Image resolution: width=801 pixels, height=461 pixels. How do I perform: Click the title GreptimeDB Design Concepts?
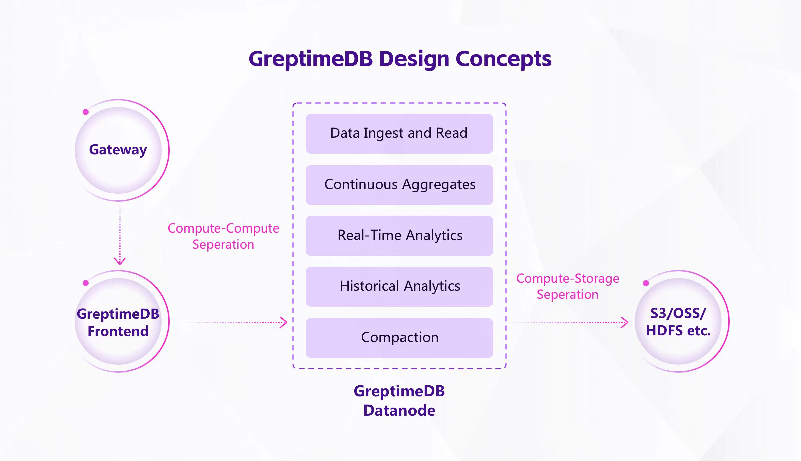point(400,59)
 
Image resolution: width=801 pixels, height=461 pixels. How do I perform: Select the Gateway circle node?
point(118,150)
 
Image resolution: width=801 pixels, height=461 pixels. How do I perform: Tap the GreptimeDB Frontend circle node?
point(118,322)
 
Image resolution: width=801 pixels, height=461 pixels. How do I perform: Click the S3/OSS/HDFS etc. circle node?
point(678,322)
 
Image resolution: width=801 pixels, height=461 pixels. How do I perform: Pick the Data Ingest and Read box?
point(399,134)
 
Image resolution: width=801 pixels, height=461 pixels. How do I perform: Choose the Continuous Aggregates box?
point(399,185)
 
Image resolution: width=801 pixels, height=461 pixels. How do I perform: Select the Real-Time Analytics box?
point(399,236)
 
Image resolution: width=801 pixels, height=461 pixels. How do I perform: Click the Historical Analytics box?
point(399,286)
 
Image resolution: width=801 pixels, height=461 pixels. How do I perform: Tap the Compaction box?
point(399,338)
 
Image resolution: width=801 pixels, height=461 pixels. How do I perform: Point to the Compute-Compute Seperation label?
point(223,236)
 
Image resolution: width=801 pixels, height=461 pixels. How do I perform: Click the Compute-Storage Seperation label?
point(568,286)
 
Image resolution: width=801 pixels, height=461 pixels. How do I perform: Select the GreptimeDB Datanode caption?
point(399,401)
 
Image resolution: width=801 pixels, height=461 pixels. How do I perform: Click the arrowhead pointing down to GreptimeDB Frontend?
point(120,261)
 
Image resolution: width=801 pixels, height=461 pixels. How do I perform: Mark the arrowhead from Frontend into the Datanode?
point(284,322)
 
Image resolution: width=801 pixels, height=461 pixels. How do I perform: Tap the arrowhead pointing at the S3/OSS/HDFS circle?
point(625,322)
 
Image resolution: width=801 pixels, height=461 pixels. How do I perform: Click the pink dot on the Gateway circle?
point(86,112)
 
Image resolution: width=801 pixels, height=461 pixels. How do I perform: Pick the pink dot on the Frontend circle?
point(86,283)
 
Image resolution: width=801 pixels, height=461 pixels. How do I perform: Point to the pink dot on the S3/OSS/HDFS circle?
point(646,283)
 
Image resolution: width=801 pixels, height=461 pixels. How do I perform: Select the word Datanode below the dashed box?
point(399,410)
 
